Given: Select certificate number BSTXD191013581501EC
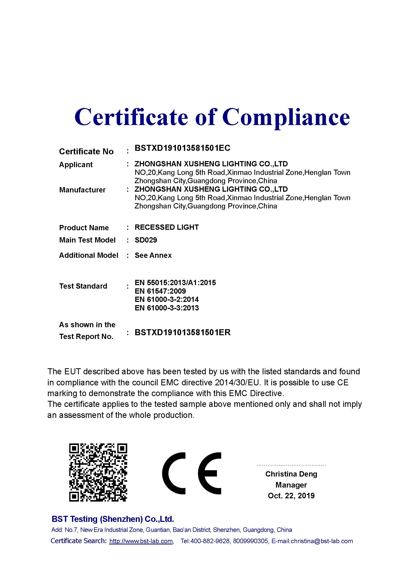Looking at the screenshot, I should [182, 148].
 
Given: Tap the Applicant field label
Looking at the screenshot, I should [76, 165].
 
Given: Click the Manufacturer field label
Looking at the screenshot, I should [82, 190].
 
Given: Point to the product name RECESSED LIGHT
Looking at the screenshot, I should [167, 227].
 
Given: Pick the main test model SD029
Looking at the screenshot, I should [146, 240].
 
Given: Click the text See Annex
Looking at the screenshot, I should [153, 255].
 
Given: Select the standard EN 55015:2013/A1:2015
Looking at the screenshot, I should [175, 283].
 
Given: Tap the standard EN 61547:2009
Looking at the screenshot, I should [160, 291].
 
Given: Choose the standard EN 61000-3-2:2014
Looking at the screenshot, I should [167, 299].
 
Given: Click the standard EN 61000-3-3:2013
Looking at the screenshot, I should [167, 308].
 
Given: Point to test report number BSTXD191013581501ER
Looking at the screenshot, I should [182, 332].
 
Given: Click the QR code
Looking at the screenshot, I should [98, 473].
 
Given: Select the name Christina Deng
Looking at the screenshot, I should [291, 474].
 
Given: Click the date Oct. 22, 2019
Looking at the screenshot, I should [291, 496].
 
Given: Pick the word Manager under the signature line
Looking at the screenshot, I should [291, 485].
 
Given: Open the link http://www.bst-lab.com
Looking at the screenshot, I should [141, 541].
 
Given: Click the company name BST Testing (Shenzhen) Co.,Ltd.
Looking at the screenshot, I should [113, 519].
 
